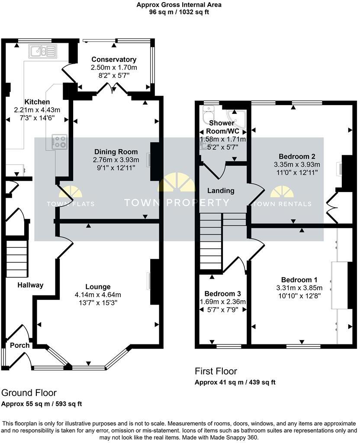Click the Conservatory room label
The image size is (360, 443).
coord(114,59)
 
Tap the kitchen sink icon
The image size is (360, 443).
coord(42,51)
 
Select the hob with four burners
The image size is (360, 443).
coord(59,141)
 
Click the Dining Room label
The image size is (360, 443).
coord(116,152)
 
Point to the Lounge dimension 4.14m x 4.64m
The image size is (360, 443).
coord(98,295)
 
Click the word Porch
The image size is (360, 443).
coord(19,345)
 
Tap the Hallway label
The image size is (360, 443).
coord(30,285)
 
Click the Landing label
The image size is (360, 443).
coord(221,190)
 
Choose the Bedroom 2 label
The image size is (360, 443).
coord(297,156)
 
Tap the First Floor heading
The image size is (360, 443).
coord(216,371)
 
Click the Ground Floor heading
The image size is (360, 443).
coord(29,393)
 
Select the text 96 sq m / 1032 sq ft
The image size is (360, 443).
coord(179,12)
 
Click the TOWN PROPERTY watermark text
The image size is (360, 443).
coord(177,202)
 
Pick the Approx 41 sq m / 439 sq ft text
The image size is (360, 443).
coord(235,382)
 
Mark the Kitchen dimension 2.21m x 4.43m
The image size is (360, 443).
coord(37,110)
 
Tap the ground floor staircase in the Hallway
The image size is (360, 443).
coord(16,255)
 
